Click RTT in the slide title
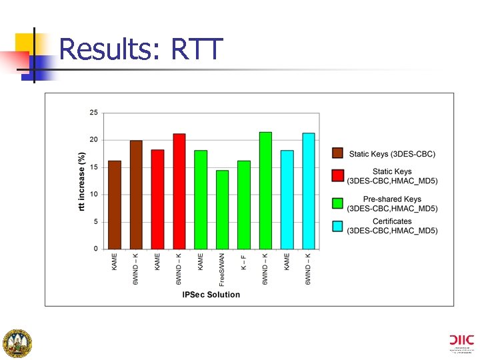197,49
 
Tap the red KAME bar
157,199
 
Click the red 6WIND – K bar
179,191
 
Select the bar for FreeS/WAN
222,209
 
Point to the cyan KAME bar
287,199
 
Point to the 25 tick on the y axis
93,113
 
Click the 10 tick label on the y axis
93,195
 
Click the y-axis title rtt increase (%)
82,181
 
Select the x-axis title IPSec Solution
211,295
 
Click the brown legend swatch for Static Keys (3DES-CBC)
337,154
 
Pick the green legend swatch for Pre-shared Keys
337,203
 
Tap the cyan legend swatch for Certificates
337,226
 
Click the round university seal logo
18,343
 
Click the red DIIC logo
461,339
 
